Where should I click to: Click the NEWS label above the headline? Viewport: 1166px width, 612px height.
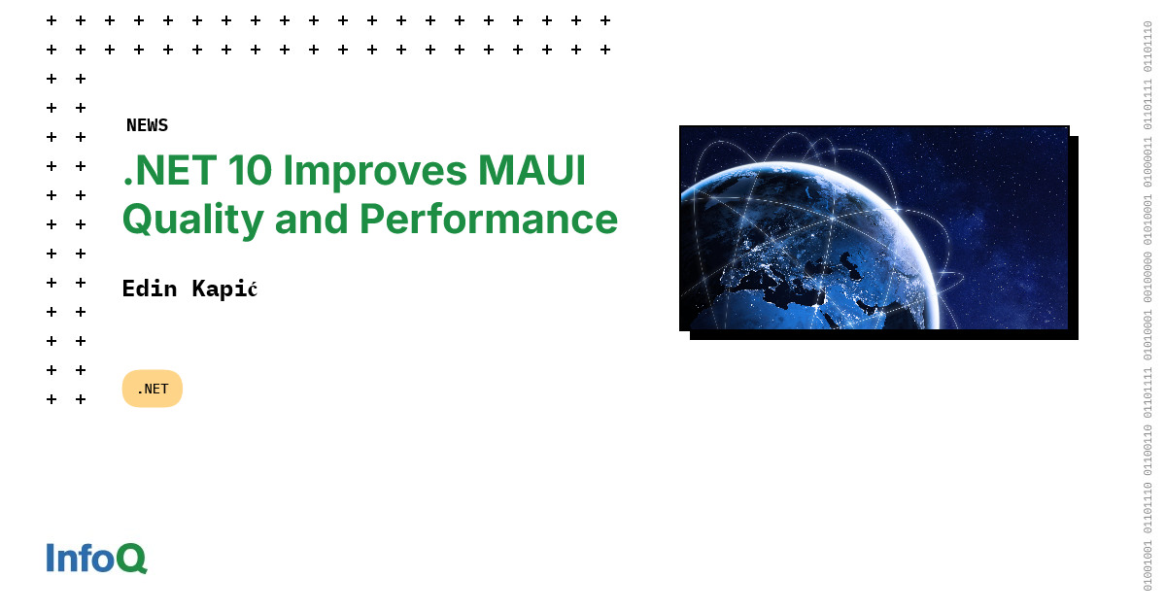tap(147, 125)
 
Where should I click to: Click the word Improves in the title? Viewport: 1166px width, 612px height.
tap(373, 171)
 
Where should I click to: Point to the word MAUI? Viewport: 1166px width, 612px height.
tap(532, 171)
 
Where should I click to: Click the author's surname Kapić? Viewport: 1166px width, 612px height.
tap(224, 289)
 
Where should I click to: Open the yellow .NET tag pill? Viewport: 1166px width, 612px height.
tap(153, 389)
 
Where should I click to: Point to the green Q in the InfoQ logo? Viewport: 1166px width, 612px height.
tap(131, 559)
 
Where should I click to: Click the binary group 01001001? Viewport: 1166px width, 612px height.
tap(1148, 563)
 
